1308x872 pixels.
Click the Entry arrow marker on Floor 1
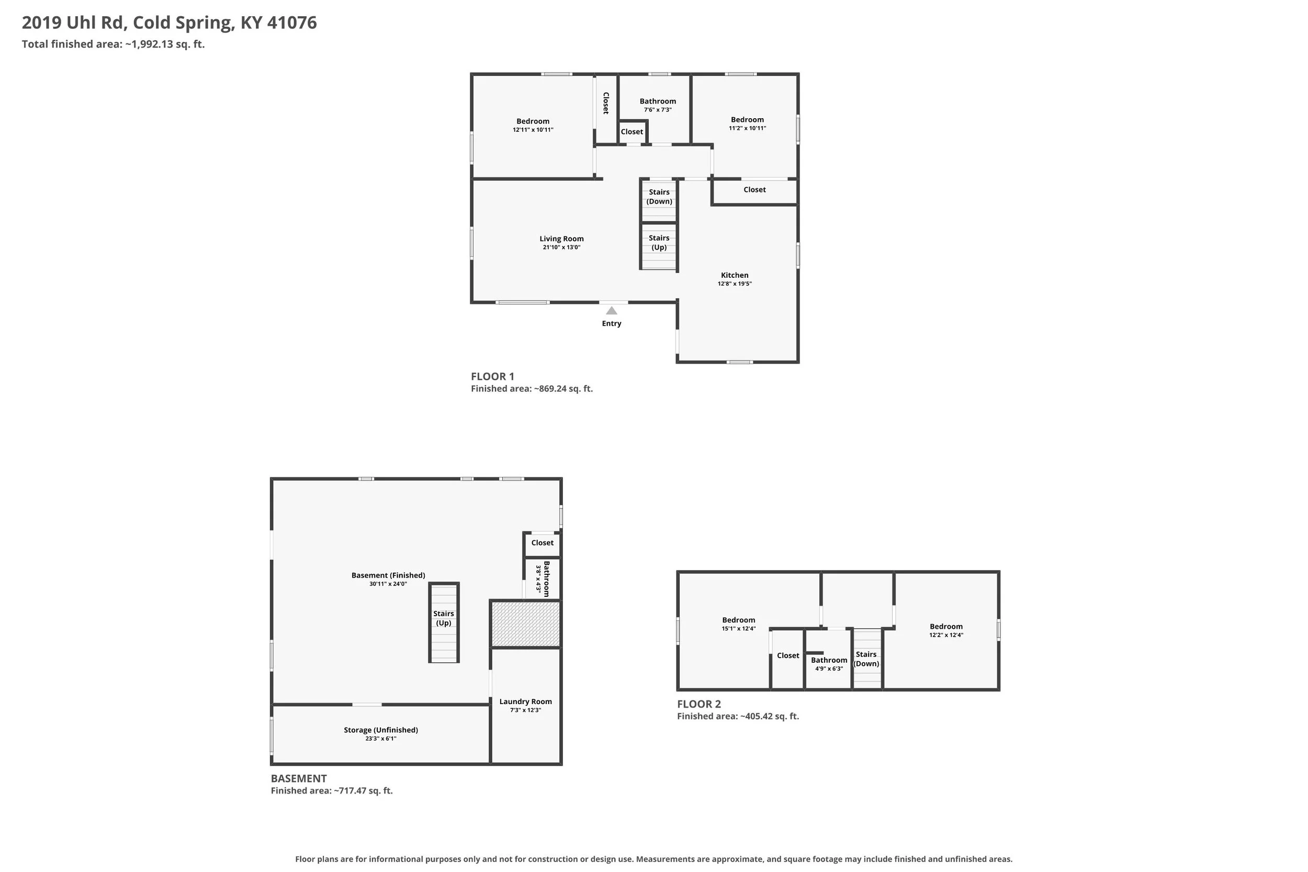(x=611, y=310)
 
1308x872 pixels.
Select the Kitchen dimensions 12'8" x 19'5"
(x=734, y=284)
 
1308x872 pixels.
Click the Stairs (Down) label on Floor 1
(x=659, y=197)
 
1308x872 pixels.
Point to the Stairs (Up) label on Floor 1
(x=659, y=243)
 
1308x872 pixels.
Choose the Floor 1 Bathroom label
(x=657, y=101)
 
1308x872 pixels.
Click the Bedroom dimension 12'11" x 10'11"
(x=533, y=130)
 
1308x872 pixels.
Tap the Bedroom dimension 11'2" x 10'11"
(x=747, y=128)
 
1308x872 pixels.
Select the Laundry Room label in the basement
(x=525, y=702)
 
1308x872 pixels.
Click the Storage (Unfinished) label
(x=380, y=730)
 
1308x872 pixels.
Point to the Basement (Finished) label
(x=388, y=575)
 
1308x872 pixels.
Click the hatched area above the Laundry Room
(x=525, y=624)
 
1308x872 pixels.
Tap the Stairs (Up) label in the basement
(x=443, y=618)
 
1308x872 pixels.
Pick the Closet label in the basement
(x=542, y=543)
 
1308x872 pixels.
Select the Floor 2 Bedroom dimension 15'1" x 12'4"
(x=738, y=629)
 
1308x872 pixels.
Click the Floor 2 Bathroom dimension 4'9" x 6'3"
(x=829, y=669)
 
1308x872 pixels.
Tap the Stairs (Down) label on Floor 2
(x=866, y=659)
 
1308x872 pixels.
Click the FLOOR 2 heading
(x=698, y=704)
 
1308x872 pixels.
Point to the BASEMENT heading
(x=299, y=778)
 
